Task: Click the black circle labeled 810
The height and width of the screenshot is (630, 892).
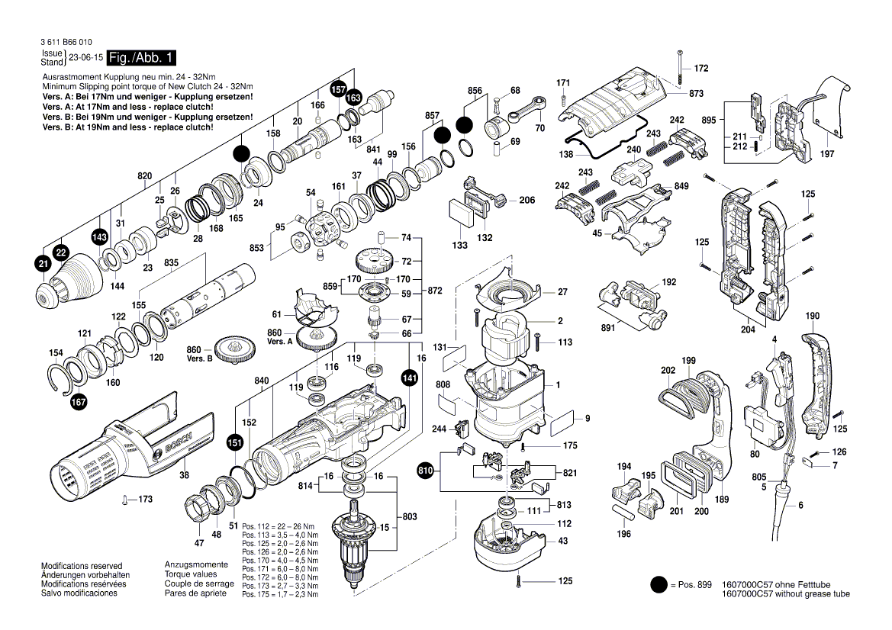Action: (426, 471)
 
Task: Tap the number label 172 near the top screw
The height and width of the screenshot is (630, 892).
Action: (700, 69)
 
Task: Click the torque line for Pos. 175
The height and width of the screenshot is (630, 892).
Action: (279, 593)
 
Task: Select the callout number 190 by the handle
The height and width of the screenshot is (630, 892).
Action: (812, 316)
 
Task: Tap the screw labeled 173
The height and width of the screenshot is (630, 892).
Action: (124, 500)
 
